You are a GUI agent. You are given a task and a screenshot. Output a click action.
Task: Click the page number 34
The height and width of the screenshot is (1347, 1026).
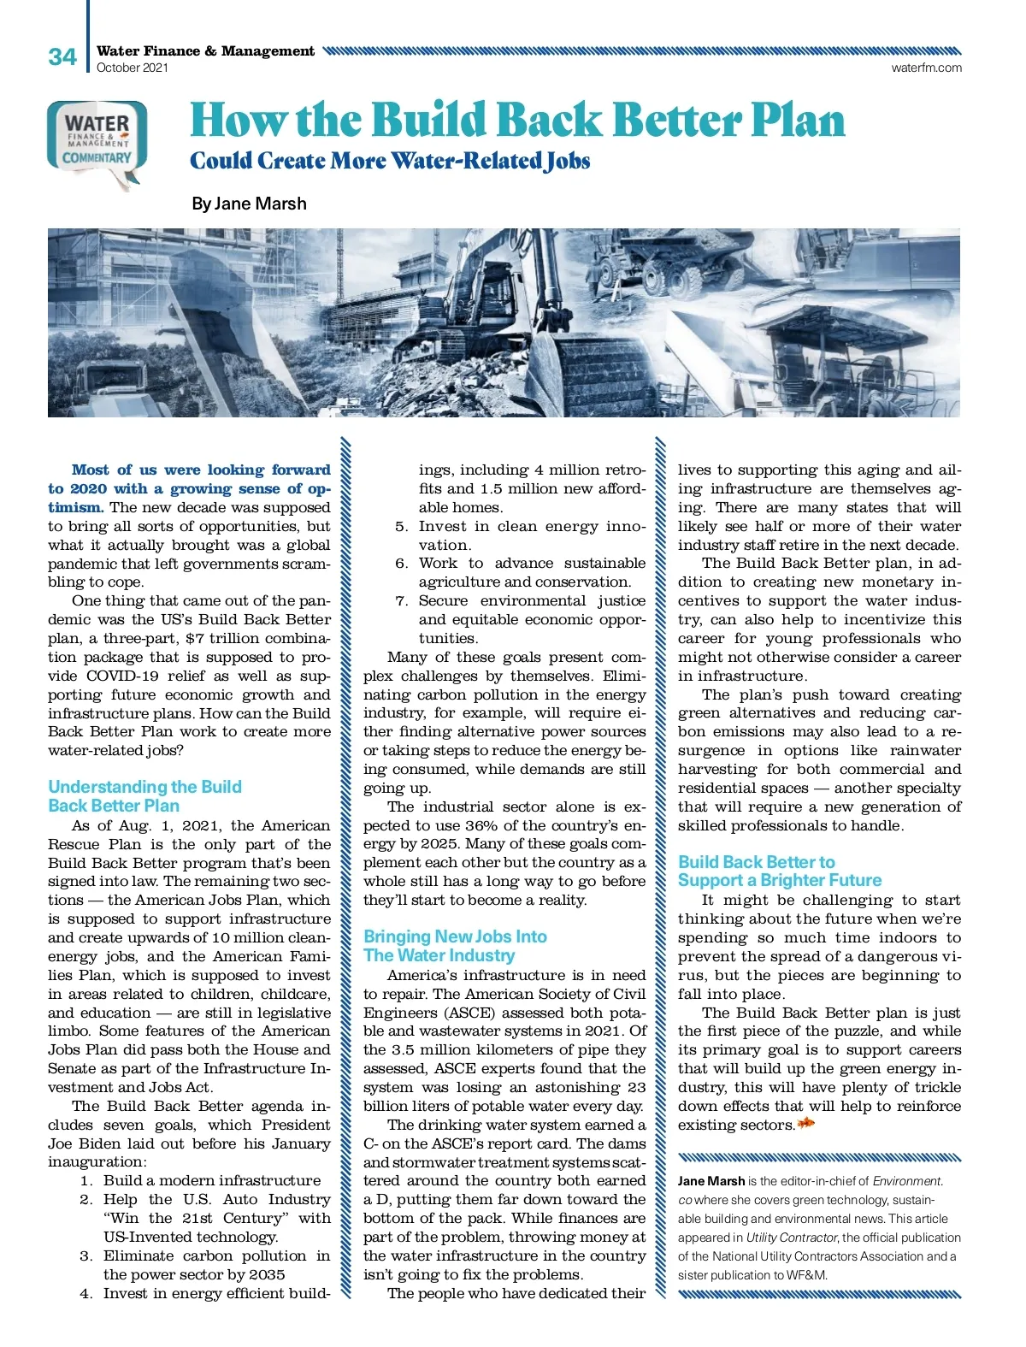62,57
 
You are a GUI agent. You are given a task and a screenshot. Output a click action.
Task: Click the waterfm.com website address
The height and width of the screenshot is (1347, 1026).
926,68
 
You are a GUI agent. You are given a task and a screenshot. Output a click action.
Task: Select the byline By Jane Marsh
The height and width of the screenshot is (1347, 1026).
249,204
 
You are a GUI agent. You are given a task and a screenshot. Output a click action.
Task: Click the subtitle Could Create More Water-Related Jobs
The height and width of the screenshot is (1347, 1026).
390,161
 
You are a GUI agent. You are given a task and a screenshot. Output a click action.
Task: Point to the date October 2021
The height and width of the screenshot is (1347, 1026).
133,68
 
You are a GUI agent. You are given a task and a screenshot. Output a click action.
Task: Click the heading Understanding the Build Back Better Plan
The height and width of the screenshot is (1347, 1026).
144,796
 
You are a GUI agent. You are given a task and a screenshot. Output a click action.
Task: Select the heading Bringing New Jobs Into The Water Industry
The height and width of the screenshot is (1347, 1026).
454,946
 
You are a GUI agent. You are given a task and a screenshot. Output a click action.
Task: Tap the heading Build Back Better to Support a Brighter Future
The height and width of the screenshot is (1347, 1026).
779,871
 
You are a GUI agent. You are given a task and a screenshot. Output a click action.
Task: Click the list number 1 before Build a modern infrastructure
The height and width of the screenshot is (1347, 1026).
86,1181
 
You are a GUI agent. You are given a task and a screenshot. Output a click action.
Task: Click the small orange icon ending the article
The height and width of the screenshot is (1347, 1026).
805,1124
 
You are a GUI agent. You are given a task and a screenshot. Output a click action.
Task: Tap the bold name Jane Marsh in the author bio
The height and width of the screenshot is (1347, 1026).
711,1181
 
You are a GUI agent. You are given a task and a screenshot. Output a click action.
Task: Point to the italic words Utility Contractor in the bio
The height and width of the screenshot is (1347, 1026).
792,1238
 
